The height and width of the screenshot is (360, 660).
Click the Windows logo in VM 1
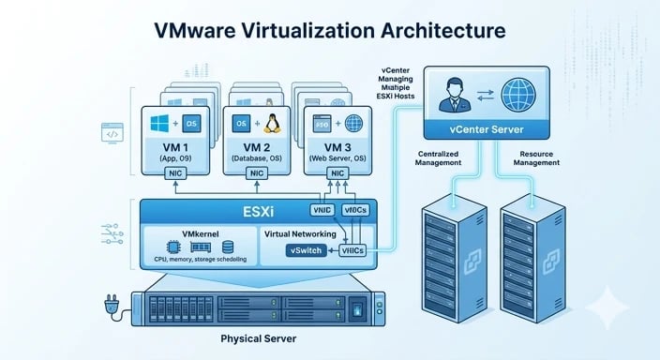tap(159, 124)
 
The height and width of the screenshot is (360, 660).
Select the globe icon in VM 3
tap(354, 123)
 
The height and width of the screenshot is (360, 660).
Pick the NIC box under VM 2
tap(262, 174)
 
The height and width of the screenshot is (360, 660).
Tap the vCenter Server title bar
tap(487, 129)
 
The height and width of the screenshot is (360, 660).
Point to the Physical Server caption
tap(258, 337)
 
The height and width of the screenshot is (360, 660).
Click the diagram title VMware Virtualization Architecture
tap(330, 30)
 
